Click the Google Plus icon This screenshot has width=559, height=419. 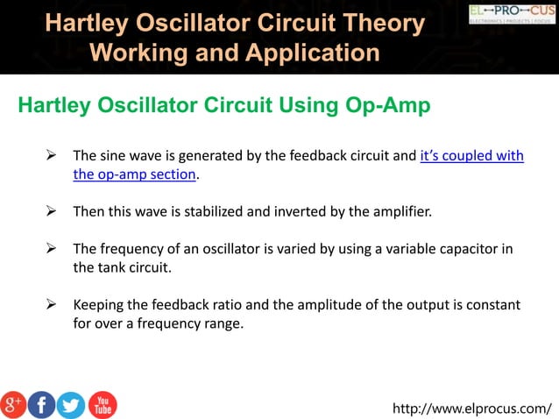[x=14, y=404]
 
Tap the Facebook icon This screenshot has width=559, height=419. [x=42, y=404]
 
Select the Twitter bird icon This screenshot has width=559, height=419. [x=71, y=404]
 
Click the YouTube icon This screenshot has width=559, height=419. [x=102, y=404]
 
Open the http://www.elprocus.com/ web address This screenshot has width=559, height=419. [x=473, y=408]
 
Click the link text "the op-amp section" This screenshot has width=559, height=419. [x=134, y=174]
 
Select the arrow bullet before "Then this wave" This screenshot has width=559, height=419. [x=52, y=212]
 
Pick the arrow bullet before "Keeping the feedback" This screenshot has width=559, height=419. [x=52, y=305]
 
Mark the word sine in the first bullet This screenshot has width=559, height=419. [x=113, y=156]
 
